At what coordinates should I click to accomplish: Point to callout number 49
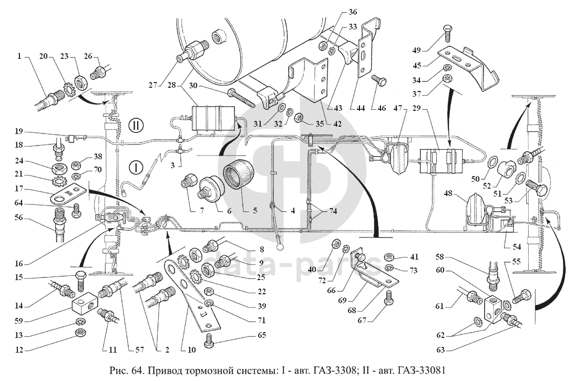[416, 50]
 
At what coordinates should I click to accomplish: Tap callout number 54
[517, 247]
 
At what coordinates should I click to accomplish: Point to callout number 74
[333, 211]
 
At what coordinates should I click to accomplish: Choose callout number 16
[18, 264]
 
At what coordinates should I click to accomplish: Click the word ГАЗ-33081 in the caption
[425, 370]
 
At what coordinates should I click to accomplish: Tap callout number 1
[18, 57]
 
